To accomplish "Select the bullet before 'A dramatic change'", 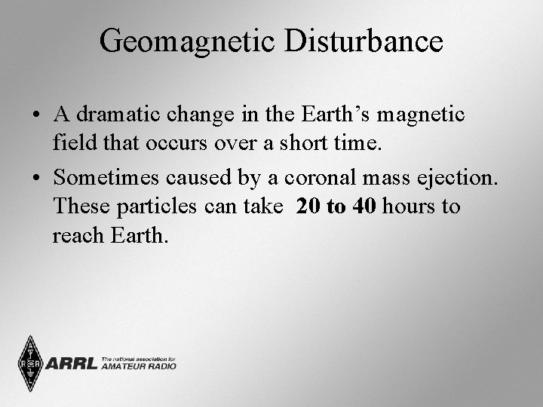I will (x=36, y=116).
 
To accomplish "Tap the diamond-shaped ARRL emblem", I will (x=31, y=364).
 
